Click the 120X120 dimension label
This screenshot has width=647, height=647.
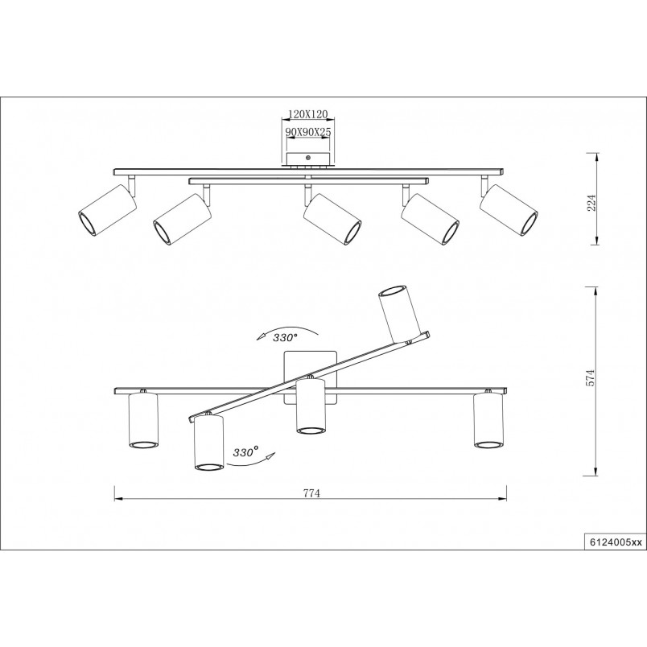click(x=308, y=114)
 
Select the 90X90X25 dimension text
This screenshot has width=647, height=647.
click(x=309, y=132)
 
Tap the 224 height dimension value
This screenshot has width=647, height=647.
click(x=592, y=203)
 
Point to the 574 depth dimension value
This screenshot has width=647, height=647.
click(x=592, y=377)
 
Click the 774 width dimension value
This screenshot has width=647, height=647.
click(x=311, y=493)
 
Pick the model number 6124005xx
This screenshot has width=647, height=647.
click(x=614, y=543)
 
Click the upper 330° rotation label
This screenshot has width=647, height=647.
click(x=285, y=337)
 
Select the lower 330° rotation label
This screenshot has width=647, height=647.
click(x=245, y=451)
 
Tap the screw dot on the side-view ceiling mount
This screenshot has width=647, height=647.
click(x=308, y=157)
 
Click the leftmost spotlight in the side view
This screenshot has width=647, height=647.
click(x=107, y=211)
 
